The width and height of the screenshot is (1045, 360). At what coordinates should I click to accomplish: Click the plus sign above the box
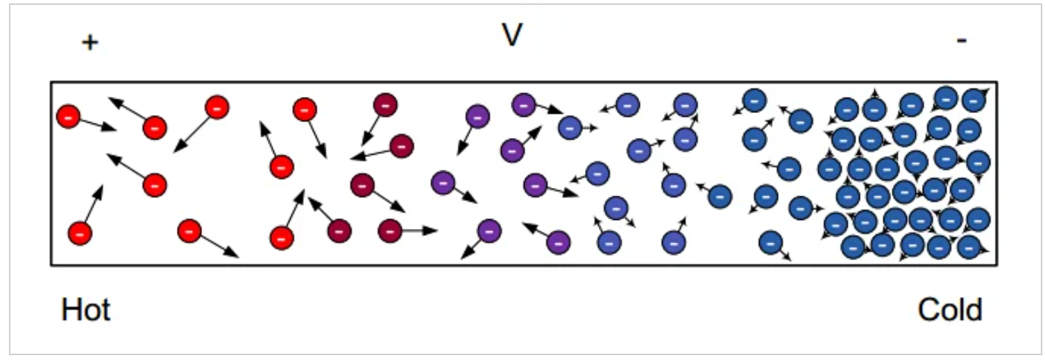(90, 43)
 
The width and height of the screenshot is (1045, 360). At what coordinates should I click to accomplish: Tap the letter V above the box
(511, 35)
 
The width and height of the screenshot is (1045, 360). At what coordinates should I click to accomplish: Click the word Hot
(86, 310)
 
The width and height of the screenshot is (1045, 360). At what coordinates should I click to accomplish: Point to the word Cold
(950, 310)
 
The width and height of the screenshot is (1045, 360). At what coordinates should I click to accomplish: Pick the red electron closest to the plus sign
(69, 116)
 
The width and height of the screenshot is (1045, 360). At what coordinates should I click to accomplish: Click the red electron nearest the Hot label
(80, 233)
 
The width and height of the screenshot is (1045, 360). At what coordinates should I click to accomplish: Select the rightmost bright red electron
(305, 110)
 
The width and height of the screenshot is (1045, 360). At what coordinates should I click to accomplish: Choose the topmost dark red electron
(384, 105)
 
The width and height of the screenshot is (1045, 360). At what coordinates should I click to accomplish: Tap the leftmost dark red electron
(339, 230)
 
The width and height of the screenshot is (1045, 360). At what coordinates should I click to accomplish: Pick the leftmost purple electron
(443, 182)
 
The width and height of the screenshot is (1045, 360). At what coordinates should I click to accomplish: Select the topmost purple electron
(524, 105)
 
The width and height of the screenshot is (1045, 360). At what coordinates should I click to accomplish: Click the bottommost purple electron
(558, 242)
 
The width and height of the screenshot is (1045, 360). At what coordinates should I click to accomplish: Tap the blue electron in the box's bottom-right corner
(969, 246)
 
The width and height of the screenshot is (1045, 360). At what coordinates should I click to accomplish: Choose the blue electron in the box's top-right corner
(974, 100)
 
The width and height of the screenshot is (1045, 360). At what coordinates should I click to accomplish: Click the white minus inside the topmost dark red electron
(384, 105)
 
